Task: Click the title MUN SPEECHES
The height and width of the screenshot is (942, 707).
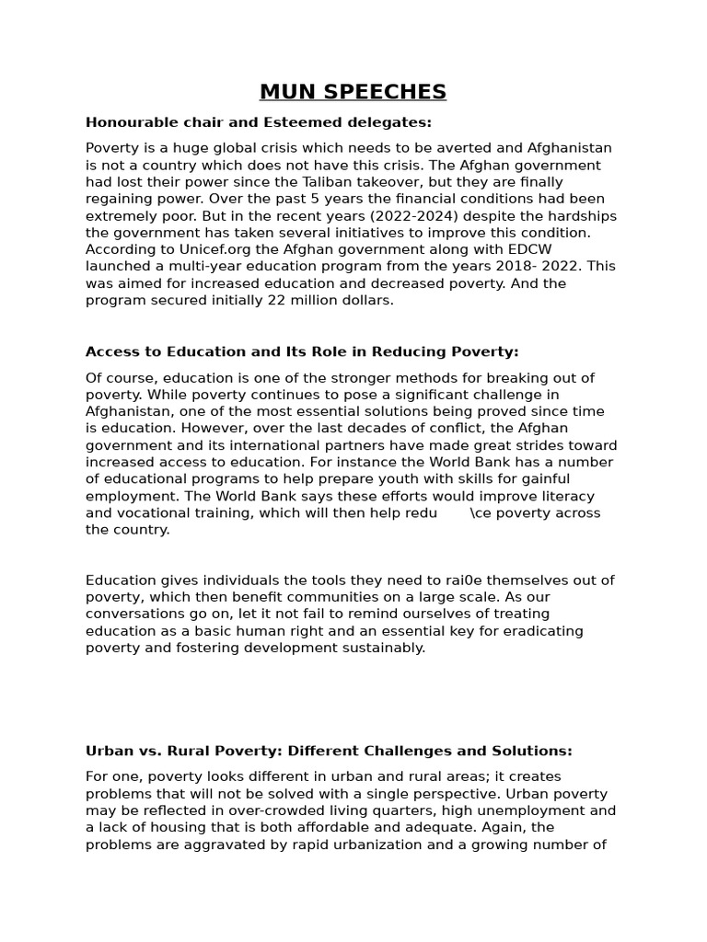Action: tap(353, 92)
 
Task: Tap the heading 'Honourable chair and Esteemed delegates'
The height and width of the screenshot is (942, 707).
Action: tap(259, 122)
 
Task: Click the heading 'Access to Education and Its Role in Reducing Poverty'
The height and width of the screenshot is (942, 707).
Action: tap(302, 351)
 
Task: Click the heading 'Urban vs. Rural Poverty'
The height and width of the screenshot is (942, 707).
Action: tap(329, 751)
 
